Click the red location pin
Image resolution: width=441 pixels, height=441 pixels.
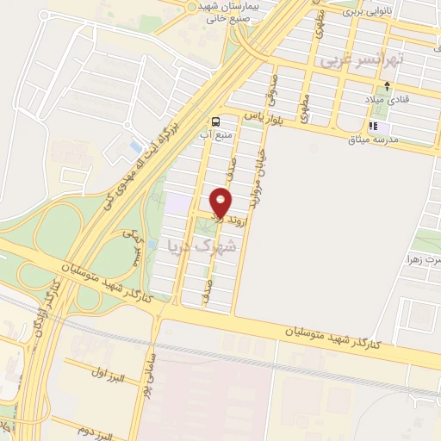pos(221,204)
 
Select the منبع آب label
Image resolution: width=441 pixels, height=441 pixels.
pos(214,134)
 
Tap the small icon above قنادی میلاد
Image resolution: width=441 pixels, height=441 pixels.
pos(388,86)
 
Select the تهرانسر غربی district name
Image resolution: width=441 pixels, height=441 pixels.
pos(349,62)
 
